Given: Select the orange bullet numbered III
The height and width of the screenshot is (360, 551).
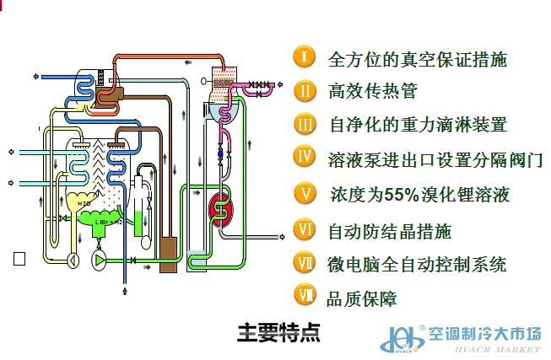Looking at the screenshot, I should point(305,125).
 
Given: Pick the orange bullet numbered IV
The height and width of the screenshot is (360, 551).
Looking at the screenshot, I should point(305,156).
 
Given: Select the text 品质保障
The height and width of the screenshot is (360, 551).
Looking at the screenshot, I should point(361,298).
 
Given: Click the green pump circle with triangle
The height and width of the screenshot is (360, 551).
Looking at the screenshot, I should point(100,261).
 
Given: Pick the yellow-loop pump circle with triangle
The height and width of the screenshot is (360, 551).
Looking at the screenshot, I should point(73,260).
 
